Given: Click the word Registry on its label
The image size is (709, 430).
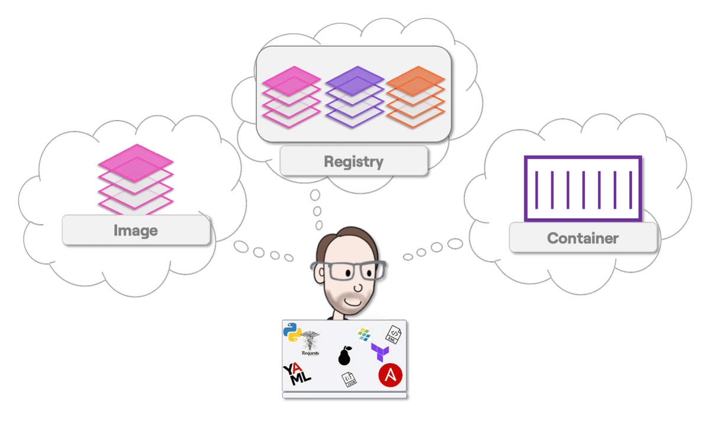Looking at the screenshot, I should (353, 161).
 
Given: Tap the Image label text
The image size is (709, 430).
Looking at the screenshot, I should (135, 230).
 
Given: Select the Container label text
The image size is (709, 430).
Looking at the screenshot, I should (583, 238).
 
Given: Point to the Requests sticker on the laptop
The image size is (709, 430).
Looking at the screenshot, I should (310, 344).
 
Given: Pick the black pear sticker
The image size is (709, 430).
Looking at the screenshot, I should (345, 355).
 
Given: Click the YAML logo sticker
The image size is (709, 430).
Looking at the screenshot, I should (297, 374).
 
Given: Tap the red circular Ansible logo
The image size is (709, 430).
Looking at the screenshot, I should (391, 375).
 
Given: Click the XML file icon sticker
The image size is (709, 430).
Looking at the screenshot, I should (393, 334).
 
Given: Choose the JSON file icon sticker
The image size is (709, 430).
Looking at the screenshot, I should (349, 380).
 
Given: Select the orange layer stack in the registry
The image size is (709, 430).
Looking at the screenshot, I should (415, 98).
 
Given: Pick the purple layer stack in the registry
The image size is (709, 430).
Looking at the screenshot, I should (354, 96).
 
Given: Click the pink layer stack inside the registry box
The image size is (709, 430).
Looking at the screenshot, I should (291, 96).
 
